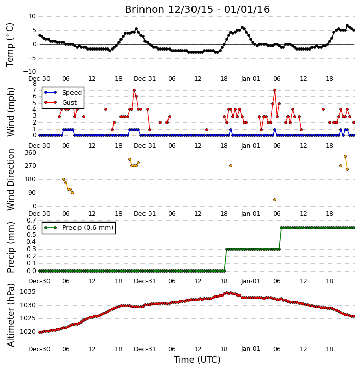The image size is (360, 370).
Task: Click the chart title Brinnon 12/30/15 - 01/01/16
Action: click(197, 9)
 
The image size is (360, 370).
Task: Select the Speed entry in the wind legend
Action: click(63, 93)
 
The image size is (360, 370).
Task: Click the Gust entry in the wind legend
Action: click(61, 102)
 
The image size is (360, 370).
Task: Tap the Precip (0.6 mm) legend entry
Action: click(79, 228)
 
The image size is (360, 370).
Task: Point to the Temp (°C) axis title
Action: click(10, 45)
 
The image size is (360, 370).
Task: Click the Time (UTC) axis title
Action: click(197, 360)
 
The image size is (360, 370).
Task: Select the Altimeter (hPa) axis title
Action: click(10, 315)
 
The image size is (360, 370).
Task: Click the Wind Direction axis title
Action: click(10, 179)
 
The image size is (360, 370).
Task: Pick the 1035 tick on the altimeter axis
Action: click(28, 292)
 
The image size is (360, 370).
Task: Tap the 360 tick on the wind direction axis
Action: click(30, 153)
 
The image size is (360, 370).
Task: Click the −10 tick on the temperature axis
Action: click(29, 72)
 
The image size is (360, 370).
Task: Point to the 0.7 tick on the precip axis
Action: click(31, 220)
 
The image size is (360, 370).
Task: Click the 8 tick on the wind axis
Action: click(34, 84)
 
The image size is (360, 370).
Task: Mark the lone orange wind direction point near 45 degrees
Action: click(275, 200)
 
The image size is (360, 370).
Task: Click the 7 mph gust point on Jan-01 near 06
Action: click(275, 90)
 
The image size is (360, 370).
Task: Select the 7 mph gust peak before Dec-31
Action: click(134, 90)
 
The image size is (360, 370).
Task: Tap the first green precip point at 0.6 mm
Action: click(281, 228)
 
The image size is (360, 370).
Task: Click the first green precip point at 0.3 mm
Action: click(227, 249)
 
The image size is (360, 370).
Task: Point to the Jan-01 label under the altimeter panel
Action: click(250, 349)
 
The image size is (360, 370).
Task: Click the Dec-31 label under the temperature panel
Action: click(145, 79)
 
